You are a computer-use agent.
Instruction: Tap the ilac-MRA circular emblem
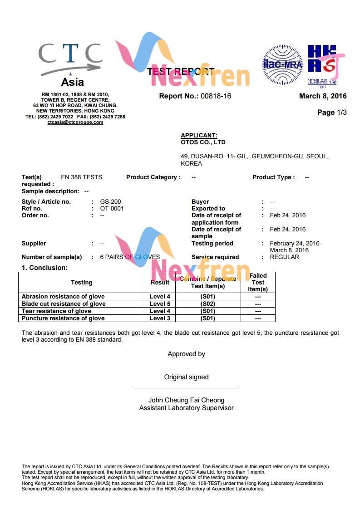(x=282, y=64)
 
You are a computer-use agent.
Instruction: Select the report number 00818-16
(x=216, y=96)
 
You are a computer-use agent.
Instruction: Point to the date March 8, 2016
(x=323, y=96)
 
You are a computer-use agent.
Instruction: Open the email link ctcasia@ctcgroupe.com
(x=75, y=122)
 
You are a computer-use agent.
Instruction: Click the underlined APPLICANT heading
(x=199, y=135)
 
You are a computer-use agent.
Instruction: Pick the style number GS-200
(x=110, y=202)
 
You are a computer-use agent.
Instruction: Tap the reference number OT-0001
(x=112, y=209)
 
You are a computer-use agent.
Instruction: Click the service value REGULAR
(x=284, y=257)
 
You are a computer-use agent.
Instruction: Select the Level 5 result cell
(x=160, y=304)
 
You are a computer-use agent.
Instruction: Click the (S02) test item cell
(x=207, y=304)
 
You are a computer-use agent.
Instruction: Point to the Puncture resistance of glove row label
(x=63, y=318)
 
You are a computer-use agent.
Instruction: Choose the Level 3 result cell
(x=160, y=318)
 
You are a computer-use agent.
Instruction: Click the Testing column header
(x=82, y=283)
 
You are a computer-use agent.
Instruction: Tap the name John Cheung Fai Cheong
(x=186, y=401)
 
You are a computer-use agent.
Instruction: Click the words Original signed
(x=186, y=377)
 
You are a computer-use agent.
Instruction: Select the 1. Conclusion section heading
(x=44, y=268)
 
